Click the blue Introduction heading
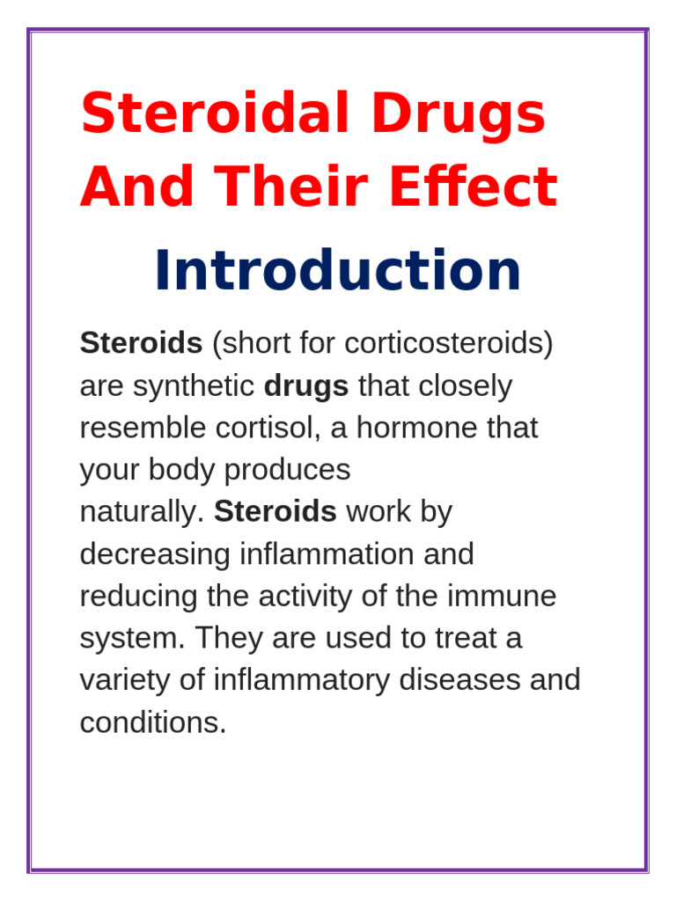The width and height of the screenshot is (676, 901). (x=337, y=271)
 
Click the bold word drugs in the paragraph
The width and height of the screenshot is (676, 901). (x=305, y=385)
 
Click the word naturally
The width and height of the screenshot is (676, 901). (x=141, y=512)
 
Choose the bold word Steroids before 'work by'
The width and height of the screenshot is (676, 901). (x=275, y=512)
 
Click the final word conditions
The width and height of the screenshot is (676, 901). (x=152, y=723)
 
